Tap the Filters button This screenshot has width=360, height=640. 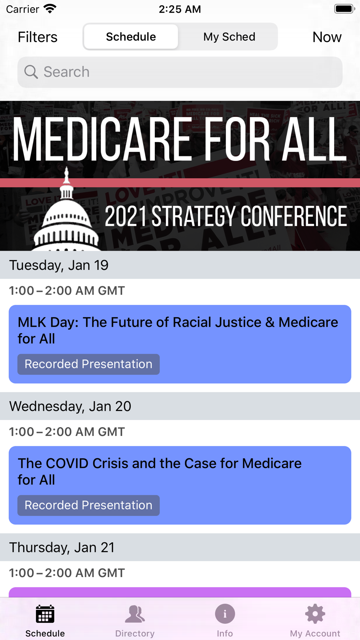(37, 37)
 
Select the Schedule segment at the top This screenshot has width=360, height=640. (131, 37)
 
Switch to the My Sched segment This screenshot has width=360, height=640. (229, 37)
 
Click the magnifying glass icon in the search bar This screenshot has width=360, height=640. (31, 72)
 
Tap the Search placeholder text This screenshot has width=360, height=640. (66, 72)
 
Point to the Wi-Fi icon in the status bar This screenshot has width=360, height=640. (50, 9)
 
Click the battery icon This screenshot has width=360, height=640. (345, 9)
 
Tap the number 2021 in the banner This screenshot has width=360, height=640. (126, 216)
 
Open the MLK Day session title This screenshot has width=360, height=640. (178, 330)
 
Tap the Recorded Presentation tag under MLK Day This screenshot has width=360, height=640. (89, 364)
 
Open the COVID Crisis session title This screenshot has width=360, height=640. (159, 472)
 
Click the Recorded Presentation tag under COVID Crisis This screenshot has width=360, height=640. (89, 505)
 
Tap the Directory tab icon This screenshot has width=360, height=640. (135, 614)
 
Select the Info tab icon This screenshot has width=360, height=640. (225, 614)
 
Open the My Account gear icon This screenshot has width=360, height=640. (315, 614)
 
